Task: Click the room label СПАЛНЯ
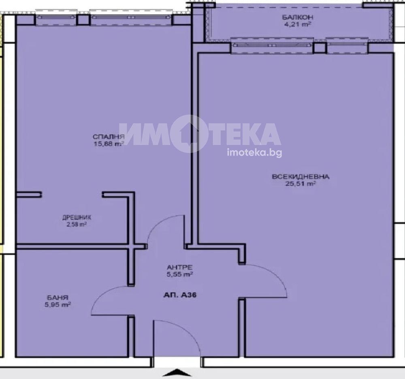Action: tap(109, 137)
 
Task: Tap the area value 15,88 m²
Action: tap(109, 144)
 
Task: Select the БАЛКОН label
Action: tap(298, 17)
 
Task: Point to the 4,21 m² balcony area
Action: tap(298, 25)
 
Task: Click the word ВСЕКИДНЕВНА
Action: tap(301, 177)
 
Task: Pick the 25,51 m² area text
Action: tap(301, 184)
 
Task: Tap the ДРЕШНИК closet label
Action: tap(77, 217)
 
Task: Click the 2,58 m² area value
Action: tap(77, 224)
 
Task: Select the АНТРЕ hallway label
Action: tap(179, 267)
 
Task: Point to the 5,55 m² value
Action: tap(179, 274)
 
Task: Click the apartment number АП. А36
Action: tap(180, 295)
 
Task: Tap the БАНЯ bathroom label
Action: tap(58, 298)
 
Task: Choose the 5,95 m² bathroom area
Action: tap(58, 304)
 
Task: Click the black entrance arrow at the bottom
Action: tap(177, 373)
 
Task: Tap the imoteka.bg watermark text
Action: tap(254, 152)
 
